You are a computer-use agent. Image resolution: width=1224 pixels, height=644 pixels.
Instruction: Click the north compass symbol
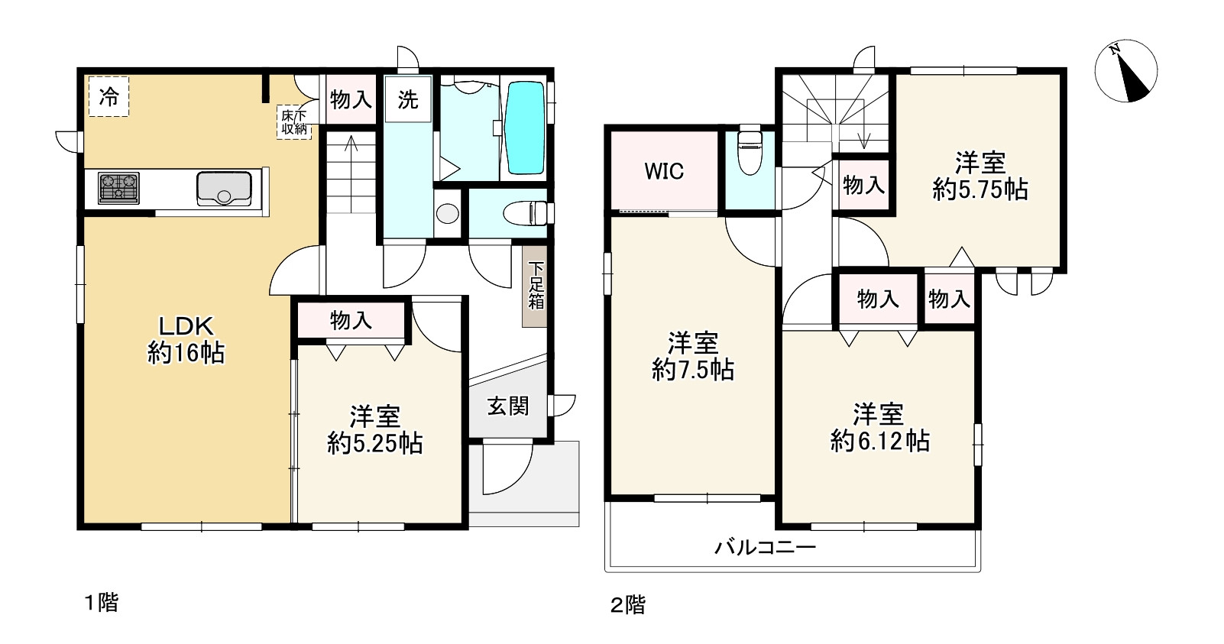click(1126, 71)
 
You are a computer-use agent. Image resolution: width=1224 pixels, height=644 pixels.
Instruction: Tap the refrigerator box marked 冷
click(108, 97)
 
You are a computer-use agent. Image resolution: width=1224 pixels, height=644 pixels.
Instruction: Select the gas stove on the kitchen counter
click(118, 188)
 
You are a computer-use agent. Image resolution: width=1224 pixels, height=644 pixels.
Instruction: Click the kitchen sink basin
click(224, 188)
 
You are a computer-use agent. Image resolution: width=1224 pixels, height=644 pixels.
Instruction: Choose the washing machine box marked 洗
click(408, 99)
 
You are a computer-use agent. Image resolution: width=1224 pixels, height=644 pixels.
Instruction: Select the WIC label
click(664, 171)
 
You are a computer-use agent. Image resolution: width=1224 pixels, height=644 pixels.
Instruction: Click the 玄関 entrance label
click(508, 406)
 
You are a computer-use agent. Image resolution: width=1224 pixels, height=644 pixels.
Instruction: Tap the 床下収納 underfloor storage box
click(294, 122)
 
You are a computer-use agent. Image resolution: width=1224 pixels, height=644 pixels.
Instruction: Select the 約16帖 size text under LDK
click(186, 354)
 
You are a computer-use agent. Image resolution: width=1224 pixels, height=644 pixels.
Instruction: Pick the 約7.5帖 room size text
click(692, 371)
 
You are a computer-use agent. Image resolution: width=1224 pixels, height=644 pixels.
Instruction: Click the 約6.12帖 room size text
click(879, 440)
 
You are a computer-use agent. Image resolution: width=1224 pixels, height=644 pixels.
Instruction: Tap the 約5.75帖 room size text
click(980, 189)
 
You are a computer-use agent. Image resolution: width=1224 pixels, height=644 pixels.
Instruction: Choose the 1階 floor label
click(101, 603)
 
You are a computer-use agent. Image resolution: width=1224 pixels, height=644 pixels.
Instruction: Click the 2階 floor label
click(628, 605)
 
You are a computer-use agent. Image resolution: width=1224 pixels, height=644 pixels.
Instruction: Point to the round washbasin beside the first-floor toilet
click(448, 213)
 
